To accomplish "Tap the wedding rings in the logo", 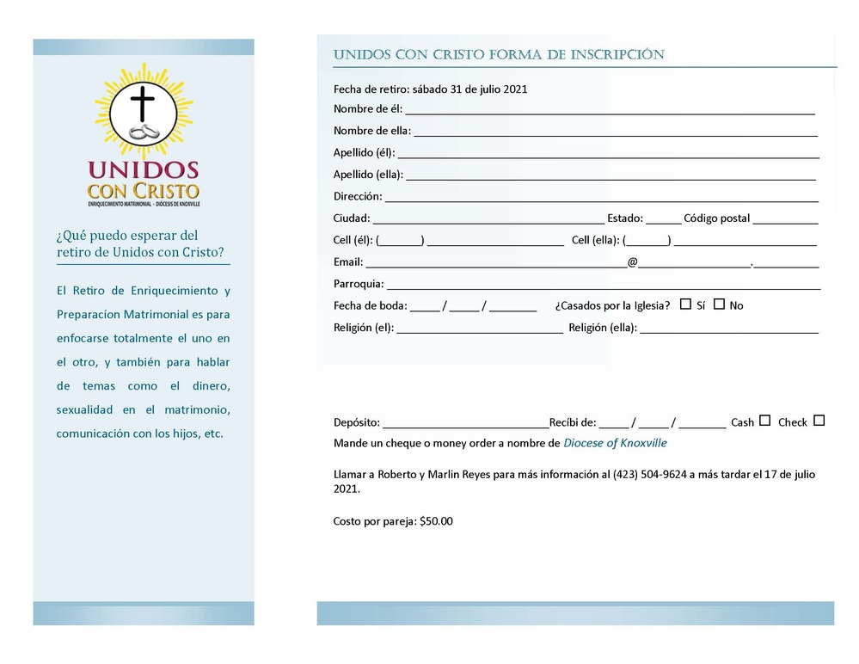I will pyautogui.click(x=144, y=132).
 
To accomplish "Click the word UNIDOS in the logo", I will pyautogui.click(x=143, y=169).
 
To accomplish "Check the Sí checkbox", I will pyautogui.click(x=685, y=304).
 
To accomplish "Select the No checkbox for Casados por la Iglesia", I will pyautogui.click(x=719, y=304).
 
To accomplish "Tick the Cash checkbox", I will pyautogui.click(x=764, y=421).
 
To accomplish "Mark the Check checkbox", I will pyautogui.click(x=819, y=421).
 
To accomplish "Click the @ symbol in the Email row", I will pyautogui.click(x=632, y=261).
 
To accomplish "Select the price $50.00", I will pyautogui.click(x=436, y=521).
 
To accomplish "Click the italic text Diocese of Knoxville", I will pyautogui.click(x=615, y=443).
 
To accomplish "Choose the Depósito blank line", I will pyautogui.click(x=464, y=425).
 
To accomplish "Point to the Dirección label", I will pyautogui.click(x=358, y=196).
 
